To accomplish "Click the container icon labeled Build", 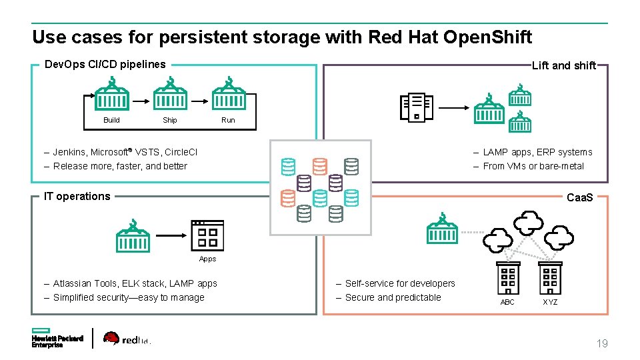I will click(112, 95).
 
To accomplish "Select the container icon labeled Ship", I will click(170, 95).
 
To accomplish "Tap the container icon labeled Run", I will click(229, 95).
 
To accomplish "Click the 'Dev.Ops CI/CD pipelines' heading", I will click(105, 65).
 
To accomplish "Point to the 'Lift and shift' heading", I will click(563, 65).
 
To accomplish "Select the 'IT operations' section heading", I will click(77, 196).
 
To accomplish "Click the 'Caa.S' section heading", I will click(580, 198).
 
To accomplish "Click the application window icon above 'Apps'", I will click(207, 235).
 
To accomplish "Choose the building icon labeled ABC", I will click(508, 278).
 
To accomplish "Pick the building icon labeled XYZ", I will click(550, 278).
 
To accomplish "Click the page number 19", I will click(601, 344).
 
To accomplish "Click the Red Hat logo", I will click(127, 339).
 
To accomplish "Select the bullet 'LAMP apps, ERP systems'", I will click(537, 152).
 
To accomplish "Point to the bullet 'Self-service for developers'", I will click(399, 283).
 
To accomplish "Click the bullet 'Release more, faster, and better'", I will click(120, 166).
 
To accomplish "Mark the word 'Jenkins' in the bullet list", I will click(69, 152).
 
